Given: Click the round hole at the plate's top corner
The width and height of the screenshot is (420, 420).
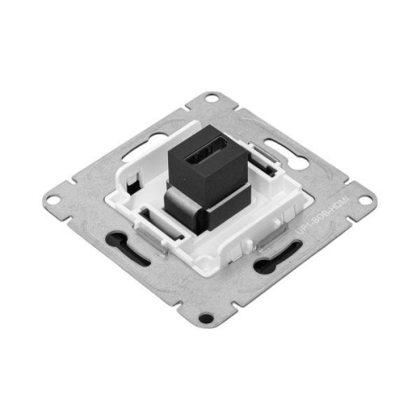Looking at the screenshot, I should [212, 98].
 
